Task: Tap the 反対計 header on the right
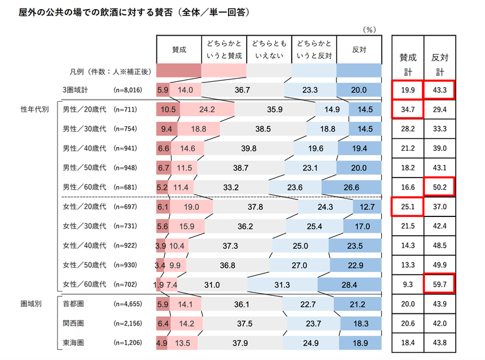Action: [x=439, y=62]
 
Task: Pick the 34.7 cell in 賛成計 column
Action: [x=407, y=109]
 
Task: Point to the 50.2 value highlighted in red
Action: [x=439, y=188]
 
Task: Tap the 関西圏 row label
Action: [x=74, y=324]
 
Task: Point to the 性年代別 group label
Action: [x=35, y=110]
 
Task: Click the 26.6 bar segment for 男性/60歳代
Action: [x=352, y=188]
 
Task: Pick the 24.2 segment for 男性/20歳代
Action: [x=207, y=110]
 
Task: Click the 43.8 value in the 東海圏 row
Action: [x=439, y=343]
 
